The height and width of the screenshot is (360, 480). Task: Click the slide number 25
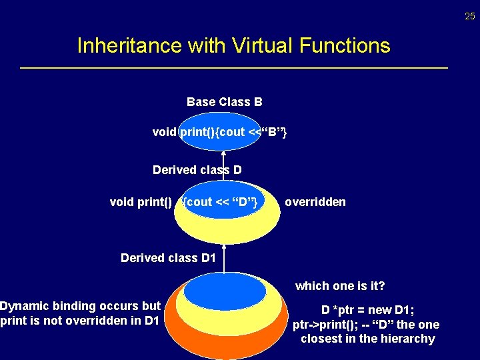(470, 16)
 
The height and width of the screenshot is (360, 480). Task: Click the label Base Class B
(224, 102)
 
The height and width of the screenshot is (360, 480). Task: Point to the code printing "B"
(220, 132)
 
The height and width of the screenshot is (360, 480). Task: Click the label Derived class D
(197, 170)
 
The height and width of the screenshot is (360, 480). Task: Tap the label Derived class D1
(168, 258)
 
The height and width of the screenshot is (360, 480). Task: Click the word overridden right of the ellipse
(315, 202)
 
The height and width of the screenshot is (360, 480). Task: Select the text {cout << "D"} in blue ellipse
(221, 202)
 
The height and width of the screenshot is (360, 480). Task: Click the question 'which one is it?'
(340, 286)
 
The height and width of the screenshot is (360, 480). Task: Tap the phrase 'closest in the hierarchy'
(367, 339)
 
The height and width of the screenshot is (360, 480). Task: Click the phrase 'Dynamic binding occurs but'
(81, 306)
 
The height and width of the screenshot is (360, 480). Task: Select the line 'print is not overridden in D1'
(81, 321)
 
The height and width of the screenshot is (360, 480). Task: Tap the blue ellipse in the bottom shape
(225, 291)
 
